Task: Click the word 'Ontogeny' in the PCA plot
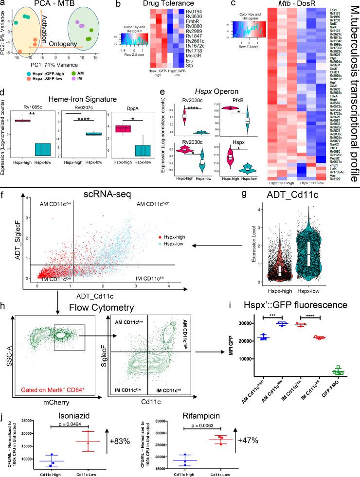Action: pyautogui.click(x=52, y=41)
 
